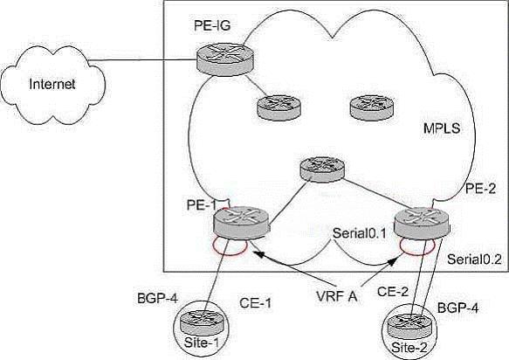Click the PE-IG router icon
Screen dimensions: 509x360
224,59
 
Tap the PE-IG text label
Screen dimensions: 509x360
212,25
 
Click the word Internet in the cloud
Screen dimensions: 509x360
52,84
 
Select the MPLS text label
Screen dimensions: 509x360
442,128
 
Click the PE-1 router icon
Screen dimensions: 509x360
242,223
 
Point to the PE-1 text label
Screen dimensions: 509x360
202,204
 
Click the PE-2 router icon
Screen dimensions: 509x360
422,224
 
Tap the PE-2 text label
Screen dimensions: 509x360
480,189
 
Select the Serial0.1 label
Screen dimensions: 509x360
360,233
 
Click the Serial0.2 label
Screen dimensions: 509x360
474,260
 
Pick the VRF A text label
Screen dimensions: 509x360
337,296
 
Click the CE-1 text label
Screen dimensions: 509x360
255,303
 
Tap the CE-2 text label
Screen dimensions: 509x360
393,292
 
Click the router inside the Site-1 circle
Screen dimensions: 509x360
202,322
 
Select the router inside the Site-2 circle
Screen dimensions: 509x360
409,326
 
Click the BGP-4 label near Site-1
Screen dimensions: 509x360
157,298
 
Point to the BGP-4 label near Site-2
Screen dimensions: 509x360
457,308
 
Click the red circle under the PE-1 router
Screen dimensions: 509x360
230,255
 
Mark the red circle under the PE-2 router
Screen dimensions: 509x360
416,255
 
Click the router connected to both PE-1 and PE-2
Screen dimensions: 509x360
321,170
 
